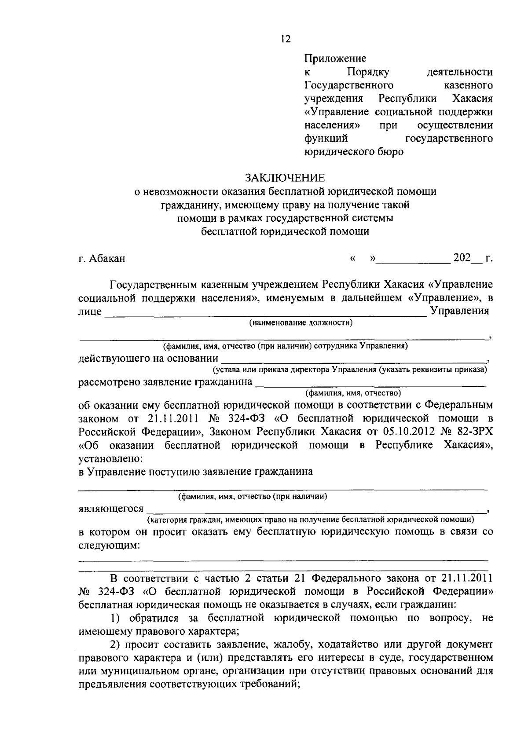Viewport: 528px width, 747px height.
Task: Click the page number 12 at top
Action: (x=285, y=40)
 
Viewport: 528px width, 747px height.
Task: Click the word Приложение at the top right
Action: (x=335, y=58)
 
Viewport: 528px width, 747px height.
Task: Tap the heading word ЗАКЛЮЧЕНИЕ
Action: (x=285, y=178)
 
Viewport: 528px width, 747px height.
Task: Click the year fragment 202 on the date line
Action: (x=462, y=257)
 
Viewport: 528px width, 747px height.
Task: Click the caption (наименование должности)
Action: (x=301, y=323)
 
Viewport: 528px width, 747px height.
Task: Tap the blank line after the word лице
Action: (x=264, y=314)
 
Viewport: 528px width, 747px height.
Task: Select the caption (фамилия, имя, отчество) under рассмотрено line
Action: (x=352, y=392)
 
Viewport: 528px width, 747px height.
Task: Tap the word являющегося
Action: (x=111, y=509)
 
